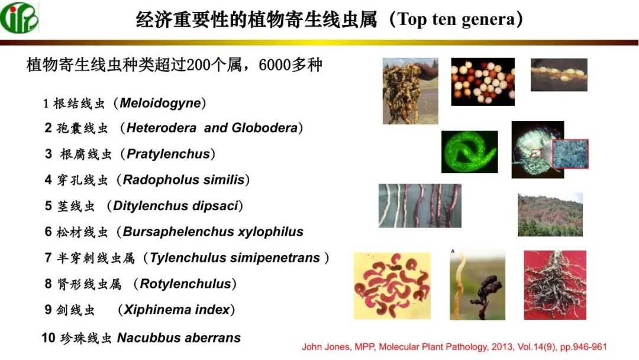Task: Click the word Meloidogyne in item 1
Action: click(x=160, y=103)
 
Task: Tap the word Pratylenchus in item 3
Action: click(x=169, y=154)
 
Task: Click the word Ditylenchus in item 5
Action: click(x=150, y=206)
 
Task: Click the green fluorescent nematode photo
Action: click(x=469, y=152)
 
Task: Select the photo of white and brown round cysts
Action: click(x=482, y=82)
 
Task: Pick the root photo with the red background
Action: click(x=554, y=285)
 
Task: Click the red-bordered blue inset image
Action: click(x=570, y=154)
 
